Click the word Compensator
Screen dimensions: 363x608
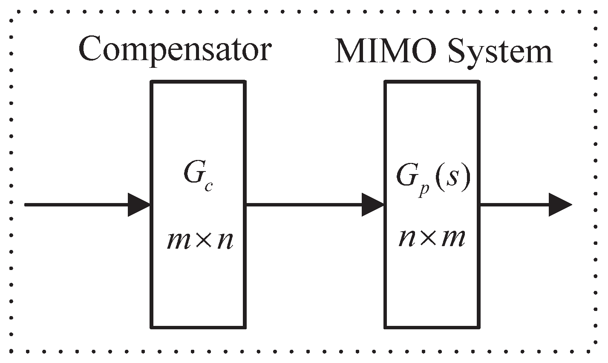pyautogui.click(x=174, y=50)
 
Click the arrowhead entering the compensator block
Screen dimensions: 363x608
pyautogui.click(x=139, y=205)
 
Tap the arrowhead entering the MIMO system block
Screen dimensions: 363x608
pyautogui.click(x=373, y=205)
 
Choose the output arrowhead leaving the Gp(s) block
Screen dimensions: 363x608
pyautogui.click(x=559, y=205)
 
